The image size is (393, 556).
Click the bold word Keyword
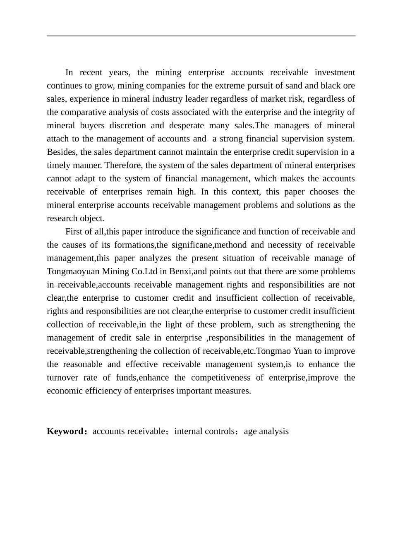click(x=65, y=431)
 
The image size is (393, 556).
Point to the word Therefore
click(x=124, y=165)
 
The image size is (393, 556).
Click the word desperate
click(x=186, y=126)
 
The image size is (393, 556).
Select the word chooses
click(x=317, y=192)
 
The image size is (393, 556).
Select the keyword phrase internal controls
click(x=204, y=431)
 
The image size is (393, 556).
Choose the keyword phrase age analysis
click(x=266, y=431)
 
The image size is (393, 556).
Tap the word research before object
click(x=62, y=218)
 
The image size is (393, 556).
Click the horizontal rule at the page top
click(x=201, y=36)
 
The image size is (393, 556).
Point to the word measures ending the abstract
click(x=235, y=391)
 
